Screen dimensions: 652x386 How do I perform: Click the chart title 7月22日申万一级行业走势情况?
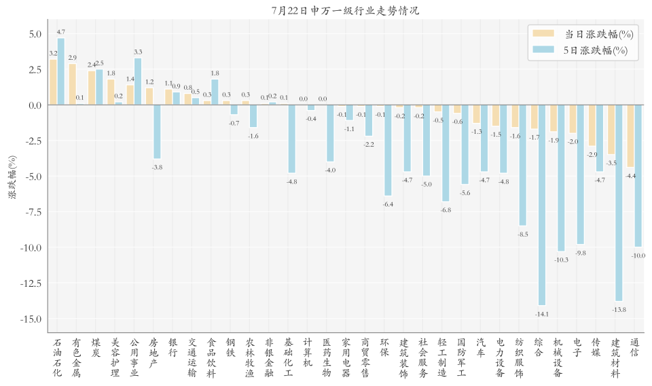coord(345,10)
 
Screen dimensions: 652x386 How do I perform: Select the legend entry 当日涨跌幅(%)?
coord(583,34)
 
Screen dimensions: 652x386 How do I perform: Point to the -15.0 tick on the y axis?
coord(31,319)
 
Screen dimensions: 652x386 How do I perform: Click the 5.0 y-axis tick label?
coord(35,34)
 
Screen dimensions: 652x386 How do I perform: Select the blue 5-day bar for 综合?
coord(542,205)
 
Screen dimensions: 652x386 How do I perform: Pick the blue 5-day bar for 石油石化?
coord(61,71)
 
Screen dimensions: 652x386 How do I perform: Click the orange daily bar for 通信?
coord(630,136)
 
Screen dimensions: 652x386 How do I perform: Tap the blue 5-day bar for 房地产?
coord(157,132)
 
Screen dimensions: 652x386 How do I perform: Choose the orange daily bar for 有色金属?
coord(73,84)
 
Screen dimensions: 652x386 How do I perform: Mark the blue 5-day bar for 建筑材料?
coord(619,203)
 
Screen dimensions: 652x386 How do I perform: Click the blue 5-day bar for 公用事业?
coord(138,82)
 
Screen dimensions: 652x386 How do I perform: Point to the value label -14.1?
coord(542,314)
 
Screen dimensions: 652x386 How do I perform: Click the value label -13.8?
coord(619,309)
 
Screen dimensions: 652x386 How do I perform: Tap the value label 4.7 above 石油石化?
coord(61,32)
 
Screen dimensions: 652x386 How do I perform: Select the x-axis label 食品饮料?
coord(211,357)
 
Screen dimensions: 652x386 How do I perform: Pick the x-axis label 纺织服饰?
coord(520,357)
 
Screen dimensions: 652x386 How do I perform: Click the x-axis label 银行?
coord(173,348)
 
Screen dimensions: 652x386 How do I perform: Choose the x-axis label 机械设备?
coord(558,357)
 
